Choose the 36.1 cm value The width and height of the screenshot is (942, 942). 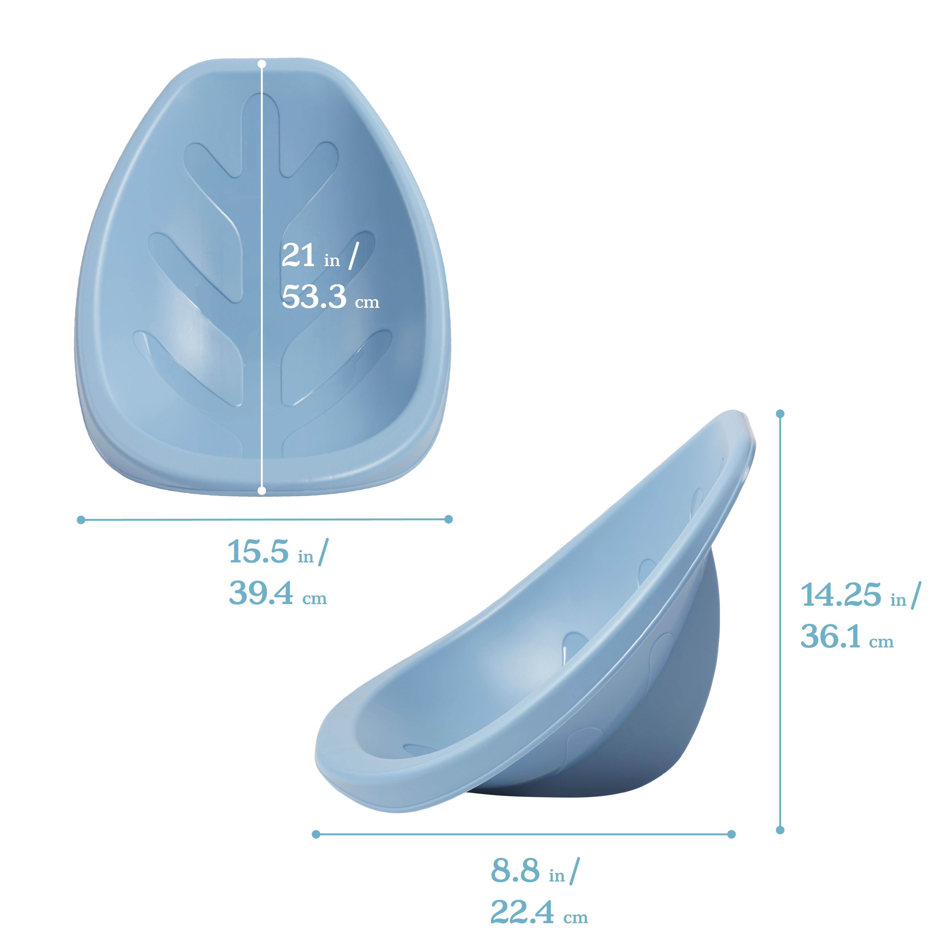point(847,637)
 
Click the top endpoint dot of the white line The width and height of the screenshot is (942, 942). point(262,64)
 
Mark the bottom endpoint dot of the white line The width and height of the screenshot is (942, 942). point(262,491)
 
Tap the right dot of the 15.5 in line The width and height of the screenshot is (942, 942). point(449,519)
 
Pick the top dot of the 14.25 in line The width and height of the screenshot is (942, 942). point(780,414)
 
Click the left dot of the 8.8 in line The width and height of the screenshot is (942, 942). point(316,834)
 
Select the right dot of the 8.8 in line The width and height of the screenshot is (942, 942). point(731,834)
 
